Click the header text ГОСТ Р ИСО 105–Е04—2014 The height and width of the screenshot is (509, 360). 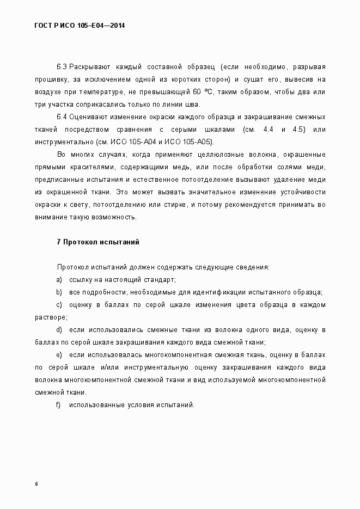pyautogui.click(x=80, y=25)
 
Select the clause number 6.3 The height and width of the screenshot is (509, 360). pyautogui.click(x=62, y=67)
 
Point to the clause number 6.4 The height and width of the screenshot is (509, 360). pyautogui.click(x=62, y=117)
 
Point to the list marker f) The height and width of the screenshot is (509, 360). pyautogui.click(x=58, y=404)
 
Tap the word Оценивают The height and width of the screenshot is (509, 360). pyautogui.click(x=89, y=117)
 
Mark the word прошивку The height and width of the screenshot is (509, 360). pyautogui.click(x=50, y=79)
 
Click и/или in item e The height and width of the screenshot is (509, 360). pyautogui.click(x=108, y=367)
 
